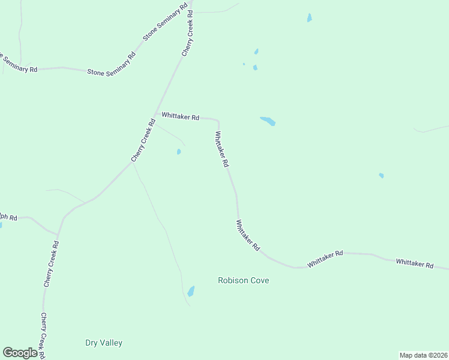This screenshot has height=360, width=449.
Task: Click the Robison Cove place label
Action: pos(243,280)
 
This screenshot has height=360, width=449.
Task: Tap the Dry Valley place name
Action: pos(104,343)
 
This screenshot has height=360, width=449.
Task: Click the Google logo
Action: pos(20,353)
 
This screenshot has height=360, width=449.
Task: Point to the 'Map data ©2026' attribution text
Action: pos(423,355)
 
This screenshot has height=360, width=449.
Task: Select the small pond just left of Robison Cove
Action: pos(191,292)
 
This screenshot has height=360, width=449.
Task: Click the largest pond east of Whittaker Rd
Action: pos(268,121)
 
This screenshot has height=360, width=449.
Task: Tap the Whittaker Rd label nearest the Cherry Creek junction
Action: pos(180,118)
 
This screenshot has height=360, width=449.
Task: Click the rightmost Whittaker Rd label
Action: pos(414,263)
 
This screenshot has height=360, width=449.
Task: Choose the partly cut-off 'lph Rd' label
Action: pos(8,217)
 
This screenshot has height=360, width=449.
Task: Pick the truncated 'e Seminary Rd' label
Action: pos(19,64)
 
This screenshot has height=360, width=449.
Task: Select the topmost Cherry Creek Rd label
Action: pos(188,34)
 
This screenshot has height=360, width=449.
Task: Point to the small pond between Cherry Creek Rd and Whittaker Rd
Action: pos(179,152)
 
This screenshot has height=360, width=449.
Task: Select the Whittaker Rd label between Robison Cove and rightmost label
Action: pos(325,259)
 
